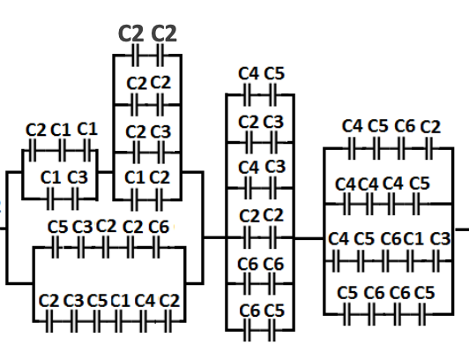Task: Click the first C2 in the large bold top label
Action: click(x=132, y=34)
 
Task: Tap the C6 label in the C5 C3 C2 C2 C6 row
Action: click(x=158, y=227)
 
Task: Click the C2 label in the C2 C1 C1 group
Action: click(x=36, y=130)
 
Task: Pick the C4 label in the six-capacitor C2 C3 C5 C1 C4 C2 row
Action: click(x=145, y=301)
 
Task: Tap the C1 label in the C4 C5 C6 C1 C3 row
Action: click(x=413, y=239)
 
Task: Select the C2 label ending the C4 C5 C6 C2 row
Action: click(x=430, y=127)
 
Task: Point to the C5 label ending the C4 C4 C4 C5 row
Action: click(x=421, y=184)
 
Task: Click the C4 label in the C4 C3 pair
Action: click(x=249, y=167)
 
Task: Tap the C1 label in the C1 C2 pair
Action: click(x=135, y=176)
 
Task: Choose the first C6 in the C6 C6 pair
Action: click(x=249, y=264)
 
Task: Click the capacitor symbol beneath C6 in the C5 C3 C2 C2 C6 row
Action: click(x=160, y=249)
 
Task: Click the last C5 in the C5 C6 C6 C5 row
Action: click(x=425, y=292)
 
